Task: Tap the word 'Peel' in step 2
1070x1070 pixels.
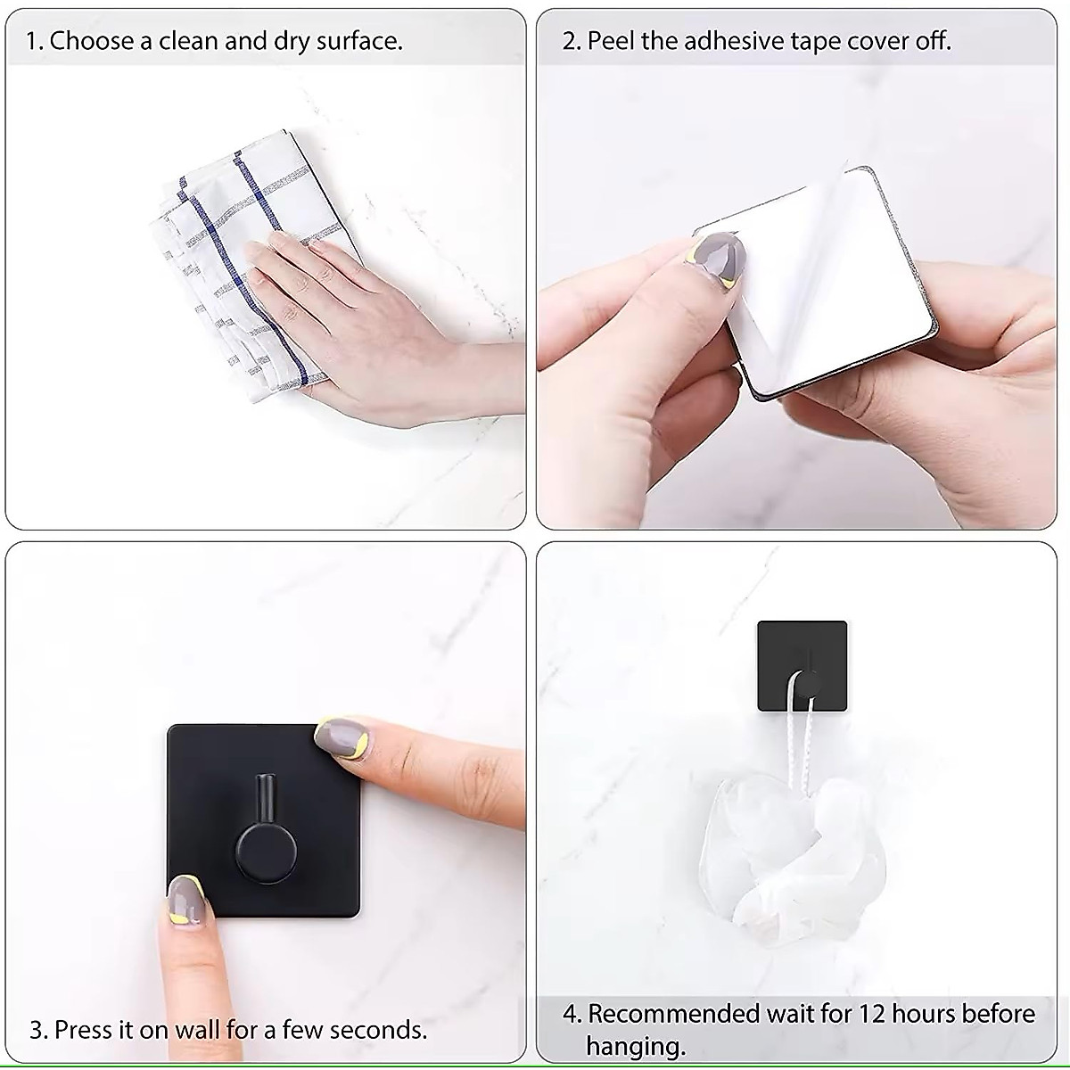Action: tap(612, 41)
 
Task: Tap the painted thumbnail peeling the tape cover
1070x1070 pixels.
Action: tap(720, 258)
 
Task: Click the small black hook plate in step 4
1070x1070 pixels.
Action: tap(802, 664)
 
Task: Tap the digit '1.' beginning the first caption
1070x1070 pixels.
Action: tap(34, 41)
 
